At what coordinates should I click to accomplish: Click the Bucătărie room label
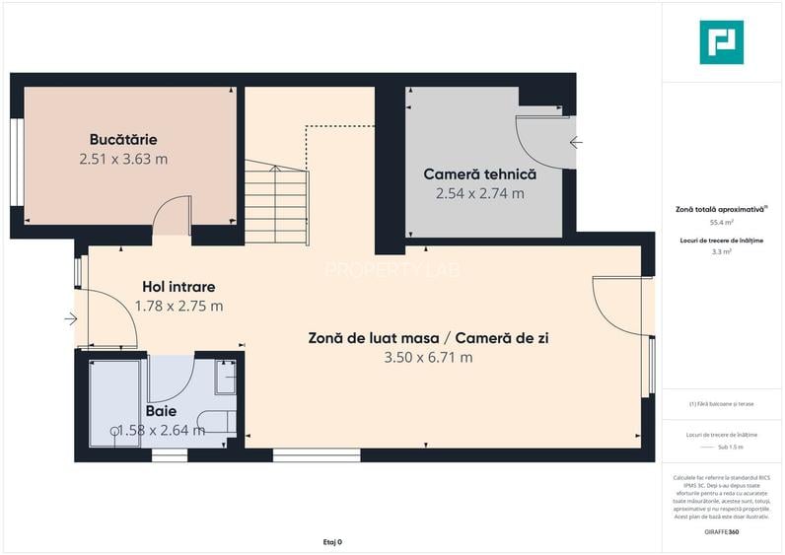122,140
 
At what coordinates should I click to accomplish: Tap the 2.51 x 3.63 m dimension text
122,158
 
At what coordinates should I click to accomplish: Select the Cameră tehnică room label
479,173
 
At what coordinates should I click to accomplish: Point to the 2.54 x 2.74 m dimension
479,193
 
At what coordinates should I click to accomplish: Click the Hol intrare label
178,287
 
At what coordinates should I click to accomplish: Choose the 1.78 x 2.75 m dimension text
178,306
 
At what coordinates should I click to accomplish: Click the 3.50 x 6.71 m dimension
428,357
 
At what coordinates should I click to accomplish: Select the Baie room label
161,410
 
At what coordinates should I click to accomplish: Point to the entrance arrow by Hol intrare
70,318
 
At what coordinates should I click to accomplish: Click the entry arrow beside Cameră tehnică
576,142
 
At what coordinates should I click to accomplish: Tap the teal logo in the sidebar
721,42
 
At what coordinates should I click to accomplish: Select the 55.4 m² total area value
721,223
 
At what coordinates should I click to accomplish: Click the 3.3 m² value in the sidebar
721,252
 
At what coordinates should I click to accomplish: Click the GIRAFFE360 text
721,531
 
